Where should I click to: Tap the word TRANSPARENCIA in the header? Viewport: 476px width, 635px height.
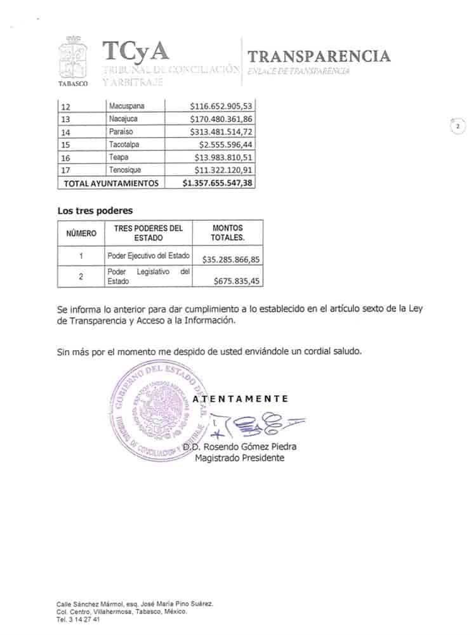tap(319, 56)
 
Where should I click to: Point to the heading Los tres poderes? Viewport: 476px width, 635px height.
tap(95, 211)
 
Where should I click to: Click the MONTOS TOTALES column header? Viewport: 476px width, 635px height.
tap(227, 233)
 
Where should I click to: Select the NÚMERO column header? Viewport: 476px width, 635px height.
tap(81, 233)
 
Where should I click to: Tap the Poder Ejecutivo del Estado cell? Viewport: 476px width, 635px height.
tap(149, 256)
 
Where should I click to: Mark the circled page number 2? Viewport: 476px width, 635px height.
tap(457, 126)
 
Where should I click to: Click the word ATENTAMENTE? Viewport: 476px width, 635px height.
tap(241, 399)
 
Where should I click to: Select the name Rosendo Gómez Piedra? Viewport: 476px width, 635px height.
tap(250, 447)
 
